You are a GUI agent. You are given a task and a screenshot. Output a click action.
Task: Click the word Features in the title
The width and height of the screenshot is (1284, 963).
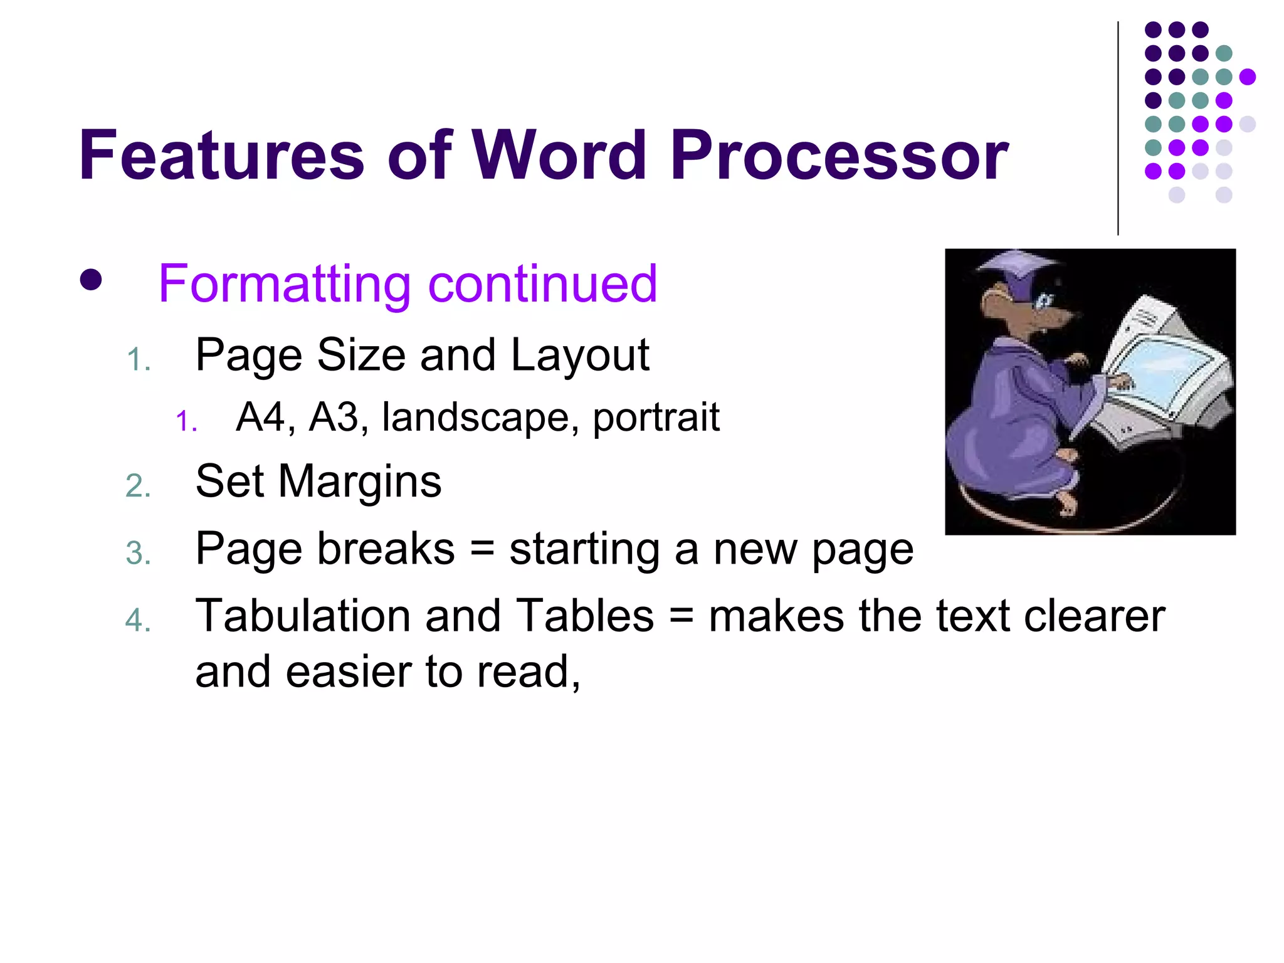pyautogui.click(x=221, y=155)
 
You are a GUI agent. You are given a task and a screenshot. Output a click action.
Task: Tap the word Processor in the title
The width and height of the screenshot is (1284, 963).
pyautogui.click(x=839, y=155)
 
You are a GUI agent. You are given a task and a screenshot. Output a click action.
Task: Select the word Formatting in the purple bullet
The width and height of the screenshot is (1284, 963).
pyautogui.click(x=284, y=284)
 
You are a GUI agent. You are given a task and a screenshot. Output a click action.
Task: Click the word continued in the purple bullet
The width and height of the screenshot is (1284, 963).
pyautogui.click(x=542, y=284)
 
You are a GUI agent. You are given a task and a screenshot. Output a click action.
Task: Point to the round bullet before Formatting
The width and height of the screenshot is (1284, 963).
pyautogui.click(x=91, y=280)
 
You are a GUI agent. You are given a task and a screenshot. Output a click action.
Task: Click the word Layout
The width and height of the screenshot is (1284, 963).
pyautogui.click(x=580, y=355)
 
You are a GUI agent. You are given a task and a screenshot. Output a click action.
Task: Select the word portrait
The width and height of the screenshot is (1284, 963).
pyautogui.click(x=656, y=418)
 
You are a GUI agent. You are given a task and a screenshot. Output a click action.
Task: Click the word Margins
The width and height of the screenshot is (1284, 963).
pyautogui.click(x=359, y=481)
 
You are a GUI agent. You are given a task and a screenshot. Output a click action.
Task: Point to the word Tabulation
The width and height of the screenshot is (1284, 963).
pyautogui.click(x=302, y=616)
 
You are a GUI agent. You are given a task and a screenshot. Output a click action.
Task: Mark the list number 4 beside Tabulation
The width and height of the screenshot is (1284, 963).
pyautogui.click(x=138, y=621)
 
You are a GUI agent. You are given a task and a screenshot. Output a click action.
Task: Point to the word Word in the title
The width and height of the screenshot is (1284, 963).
pyautogui.click(x=559, y=155)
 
